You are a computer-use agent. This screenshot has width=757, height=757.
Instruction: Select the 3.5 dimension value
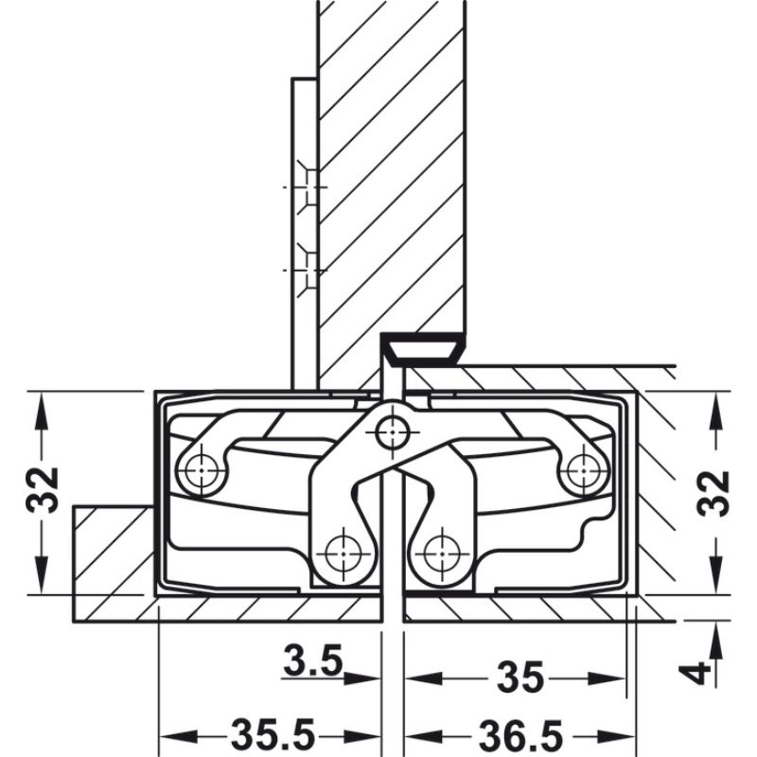[x=311, y=660]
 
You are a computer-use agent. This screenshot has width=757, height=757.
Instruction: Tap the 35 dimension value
[x=519, y=678]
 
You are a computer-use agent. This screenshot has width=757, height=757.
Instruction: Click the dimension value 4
[x=697, y=673]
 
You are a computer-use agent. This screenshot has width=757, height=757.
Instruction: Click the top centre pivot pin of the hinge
[x=389, y=433]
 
